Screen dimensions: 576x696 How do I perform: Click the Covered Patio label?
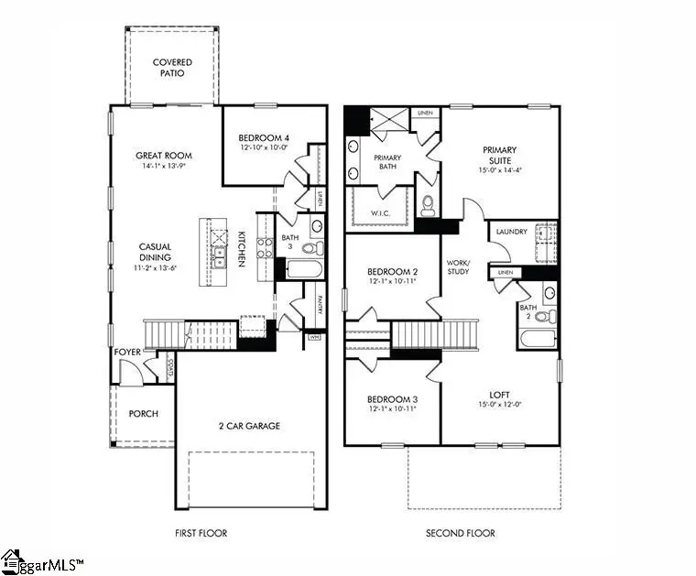173,68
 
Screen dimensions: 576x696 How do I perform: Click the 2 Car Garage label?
249,426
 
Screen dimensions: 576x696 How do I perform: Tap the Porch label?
143,414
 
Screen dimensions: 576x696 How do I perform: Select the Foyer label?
126,352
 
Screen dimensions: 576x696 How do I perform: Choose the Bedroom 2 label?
392,272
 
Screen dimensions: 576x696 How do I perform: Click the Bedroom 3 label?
392,399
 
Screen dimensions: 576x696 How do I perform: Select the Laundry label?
510,232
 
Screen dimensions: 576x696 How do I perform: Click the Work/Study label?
458,266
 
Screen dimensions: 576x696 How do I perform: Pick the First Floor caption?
201,533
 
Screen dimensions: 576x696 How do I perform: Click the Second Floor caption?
460,533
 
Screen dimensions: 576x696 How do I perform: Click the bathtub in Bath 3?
303,270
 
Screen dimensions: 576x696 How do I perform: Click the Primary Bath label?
387,163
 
